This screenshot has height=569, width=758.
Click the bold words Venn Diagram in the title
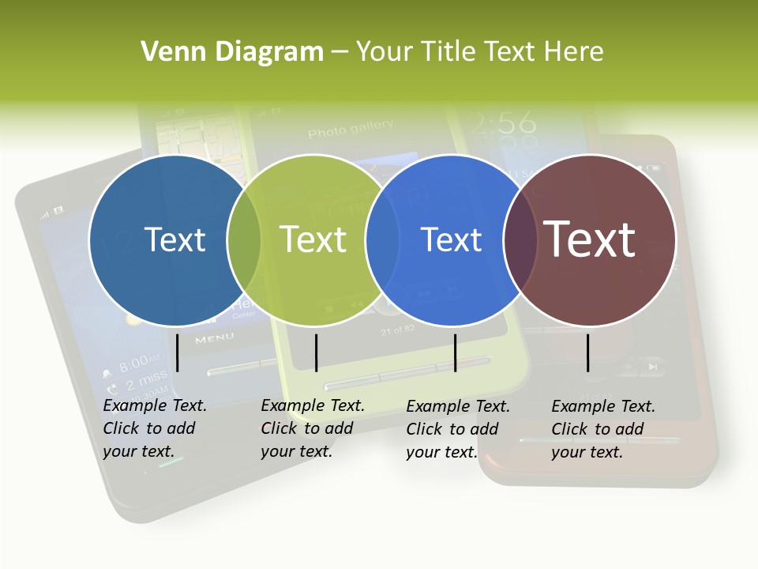coord(232,52)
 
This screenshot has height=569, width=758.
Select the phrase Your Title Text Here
coord(480,52)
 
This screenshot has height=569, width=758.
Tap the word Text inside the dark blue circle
coord(175,239)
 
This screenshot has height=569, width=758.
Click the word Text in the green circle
coord(313,239)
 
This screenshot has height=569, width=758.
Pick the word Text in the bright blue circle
coord(452,239)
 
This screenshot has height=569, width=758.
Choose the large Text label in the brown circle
coord(590,239)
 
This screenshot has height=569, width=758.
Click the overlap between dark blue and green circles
coord(244,239)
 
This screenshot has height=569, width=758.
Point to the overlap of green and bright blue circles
coord(382,239)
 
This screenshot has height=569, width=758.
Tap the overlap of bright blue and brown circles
coord(520,239)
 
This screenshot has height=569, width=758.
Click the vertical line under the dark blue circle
coord(178,352)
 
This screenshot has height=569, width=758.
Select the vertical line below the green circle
coord(316,352)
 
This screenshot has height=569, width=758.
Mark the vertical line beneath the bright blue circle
coord(455,352)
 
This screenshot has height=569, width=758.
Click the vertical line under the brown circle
coord(588,352)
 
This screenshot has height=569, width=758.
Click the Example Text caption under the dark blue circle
coord(154,428)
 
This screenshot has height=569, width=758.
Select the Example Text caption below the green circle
coord(312,428)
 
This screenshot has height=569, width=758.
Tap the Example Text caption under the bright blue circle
coord(457,429)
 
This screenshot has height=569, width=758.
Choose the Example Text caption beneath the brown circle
coord(602,429)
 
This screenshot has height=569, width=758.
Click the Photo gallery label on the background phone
coord(351,127)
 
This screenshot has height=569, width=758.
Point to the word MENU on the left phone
coord(214,338)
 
